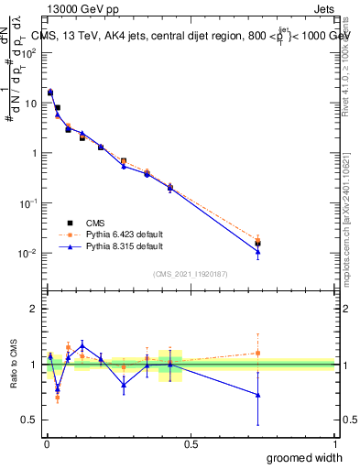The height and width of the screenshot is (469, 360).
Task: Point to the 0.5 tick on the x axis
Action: click(x=190, y=443)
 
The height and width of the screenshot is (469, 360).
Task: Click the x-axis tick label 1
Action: click(x=334, y=443)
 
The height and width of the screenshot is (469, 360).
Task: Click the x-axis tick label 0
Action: click(x=46, y=443)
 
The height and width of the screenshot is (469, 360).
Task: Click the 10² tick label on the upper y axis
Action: click(x=28, y=53)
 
